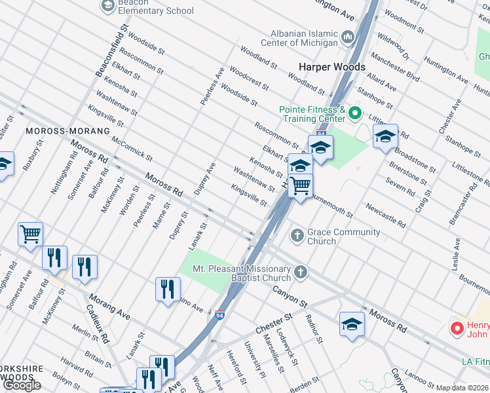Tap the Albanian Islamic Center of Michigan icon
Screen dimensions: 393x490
click(348, 36)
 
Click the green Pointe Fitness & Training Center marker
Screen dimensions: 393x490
click(355, 113)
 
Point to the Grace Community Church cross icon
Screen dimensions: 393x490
click(297, 234)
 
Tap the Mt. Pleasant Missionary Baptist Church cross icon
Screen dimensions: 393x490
click(300, 271)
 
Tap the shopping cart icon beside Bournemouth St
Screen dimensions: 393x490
click(300, 186)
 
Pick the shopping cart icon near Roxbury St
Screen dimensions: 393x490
click(30, 233)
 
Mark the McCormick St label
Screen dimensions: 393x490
click(132, 149)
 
